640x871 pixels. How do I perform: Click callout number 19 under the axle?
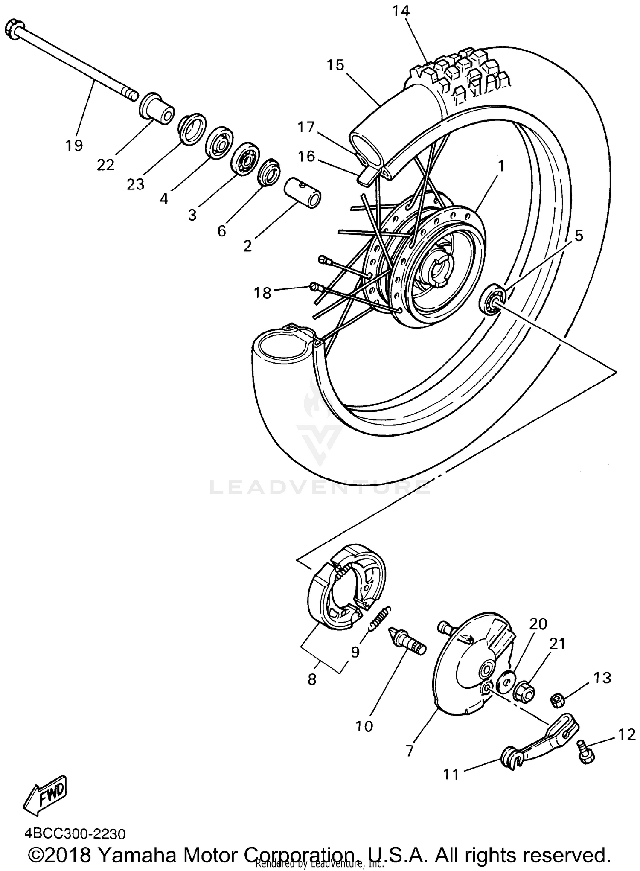click(74, 145)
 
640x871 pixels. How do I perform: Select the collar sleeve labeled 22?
click(157, 108)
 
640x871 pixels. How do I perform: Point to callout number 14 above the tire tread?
click(401, 11)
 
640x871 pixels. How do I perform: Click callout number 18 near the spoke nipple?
click(262, 293)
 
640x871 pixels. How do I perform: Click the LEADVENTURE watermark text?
click(320, 487)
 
